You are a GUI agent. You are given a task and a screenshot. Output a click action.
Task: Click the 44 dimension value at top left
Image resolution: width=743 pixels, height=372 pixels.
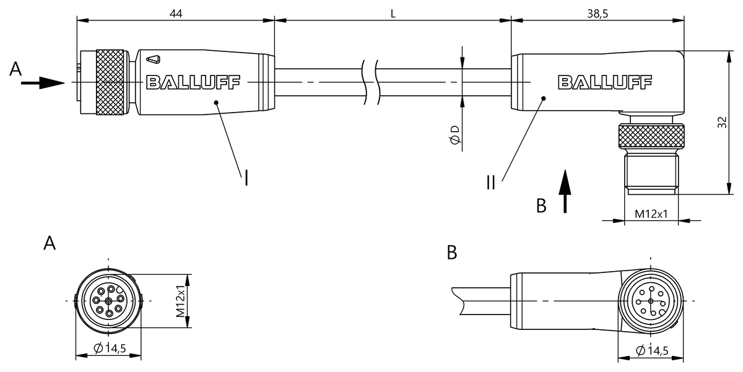pos(175,12)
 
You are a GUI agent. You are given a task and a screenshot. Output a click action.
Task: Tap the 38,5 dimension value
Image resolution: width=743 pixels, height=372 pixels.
pos(597,12)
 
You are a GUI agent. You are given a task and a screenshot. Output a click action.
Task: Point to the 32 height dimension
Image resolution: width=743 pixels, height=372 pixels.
pos(722,123)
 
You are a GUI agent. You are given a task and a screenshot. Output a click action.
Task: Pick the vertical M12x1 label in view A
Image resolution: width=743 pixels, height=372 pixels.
pos(181,301)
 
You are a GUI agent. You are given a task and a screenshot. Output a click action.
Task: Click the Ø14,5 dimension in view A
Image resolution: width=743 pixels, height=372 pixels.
pos(110,349)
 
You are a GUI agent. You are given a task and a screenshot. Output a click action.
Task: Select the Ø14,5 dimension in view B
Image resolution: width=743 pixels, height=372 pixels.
pos(651,351)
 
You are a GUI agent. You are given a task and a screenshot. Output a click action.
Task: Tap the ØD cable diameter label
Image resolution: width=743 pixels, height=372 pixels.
pos(455,136)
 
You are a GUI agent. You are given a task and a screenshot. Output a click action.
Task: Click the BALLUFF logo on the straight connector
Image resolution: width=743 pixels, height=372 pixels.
pos(193,82)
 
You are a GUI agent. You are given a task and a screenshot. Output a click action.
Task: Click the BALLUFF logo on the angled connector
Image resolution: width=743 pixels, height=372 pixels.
pos(604,82)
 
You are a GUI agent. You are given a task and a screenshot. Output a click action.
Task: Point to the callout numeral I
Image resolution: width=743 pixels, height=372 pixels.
pos(246,178)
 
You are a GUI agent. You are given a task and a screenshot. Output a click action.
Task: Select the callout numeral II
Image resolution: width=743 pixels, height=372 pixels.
pos(490,183)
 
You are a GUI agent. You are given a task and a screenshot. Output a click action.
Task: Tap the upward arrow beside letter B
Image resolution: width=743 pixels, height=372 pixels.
pos(565,192)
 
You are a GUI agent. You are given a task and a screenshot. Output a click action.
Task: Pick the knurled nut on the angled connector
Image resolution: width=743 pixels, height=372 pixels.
pos(651,136)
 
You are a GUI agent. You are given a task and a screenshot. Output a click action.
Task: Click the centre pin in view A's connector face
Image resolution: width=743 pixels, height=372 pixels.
pos(109,301)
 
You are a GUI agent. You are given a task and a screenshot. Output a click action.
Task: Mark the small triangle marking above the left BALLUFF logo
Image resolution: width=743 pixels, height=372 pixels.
pos(154,59)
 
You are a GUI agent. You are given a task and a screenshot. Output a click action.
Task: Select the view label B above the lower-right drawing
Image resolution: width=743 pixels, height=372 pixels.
pos(452,253)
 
